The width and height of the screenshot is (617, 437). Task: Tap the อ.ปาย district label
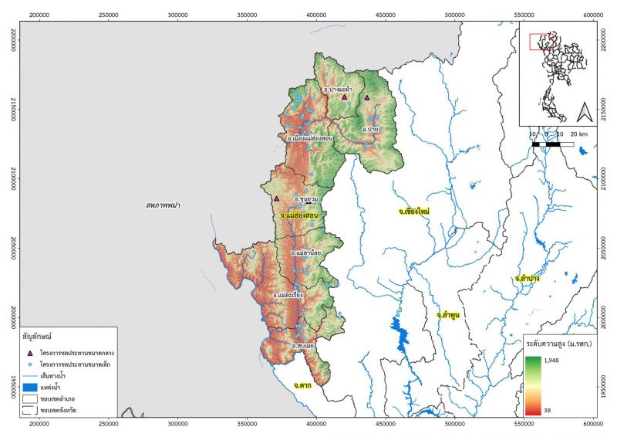click(370, 129)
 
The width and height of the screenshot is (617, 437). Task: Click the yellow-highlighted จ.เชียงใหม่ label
click(414, 211)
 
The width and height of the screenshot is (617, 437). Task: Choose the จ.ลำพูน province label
click(448, 315)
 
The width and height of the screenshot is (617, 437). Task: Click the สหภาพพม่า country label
click(167, 205)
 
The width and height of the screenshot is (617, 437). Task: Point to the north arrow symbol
click(584, 112)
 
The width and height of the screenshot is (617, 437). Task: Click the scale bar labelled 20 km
click(553, 144)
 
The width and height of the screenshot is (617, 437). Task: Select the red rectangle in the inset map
click(538, 42)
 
